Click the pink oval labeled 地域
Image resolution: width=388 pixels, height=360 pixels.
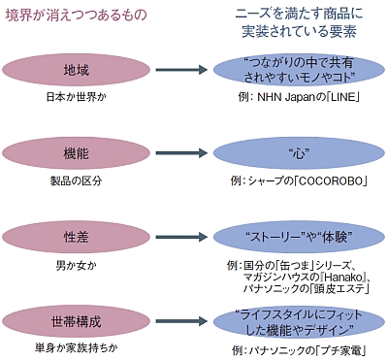click(x=75, y=72)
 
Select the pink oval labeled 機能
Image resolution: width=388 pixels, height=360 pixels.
click(x=75, y=152)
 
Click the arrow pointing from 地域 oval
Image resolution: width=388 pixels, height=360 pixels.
click(x=184, y=72)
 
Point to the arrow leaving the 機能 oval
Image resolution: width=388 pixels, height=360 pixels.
click(x=184, y=152)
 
